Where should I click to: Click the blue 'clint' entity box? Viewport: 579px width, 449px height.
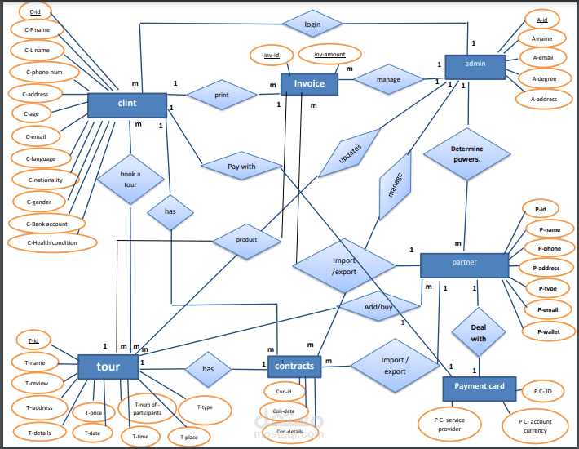click(126, 104)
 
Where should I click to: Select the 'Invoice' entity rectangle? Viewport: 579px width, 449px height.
click(309, 84)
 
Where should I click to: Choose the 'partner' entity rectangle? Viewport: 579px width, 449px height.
click(464, 264)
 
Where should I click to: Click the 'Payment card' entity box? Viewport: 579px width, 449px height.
click(479, 387)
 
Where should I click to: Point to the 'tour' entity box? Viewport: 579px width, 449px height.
click(108, 367)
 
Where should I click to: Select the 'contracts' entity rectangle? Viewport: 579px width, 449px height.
click(294, 367)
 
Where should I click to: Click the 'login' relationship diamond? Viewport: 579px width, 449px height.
click(312, 24)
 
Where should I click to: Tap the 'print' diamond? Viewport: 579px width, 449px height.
click(221, 95)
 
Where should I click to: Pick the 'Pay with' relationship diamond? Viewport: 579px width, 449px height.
click(241, 167)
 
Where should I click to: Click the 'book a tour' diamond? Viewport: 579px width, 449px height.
click(130, 180)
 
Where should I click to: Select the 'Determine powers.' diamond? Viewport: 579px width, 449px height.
click(467, 153)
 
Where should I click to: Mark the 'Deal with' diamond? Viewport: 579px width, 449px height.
click(478, 332)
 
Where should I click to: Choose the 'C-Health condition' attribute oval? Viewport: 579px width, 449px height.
click(51, 242)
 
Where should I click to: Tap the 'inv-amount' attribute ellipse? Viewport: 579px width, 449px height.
click(329, 55)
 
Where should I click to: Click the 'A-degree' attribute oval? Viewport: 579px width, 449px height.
click(544, 78)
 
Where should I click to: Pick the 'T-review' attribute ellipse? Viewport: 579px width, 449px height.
click(37, 383)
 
